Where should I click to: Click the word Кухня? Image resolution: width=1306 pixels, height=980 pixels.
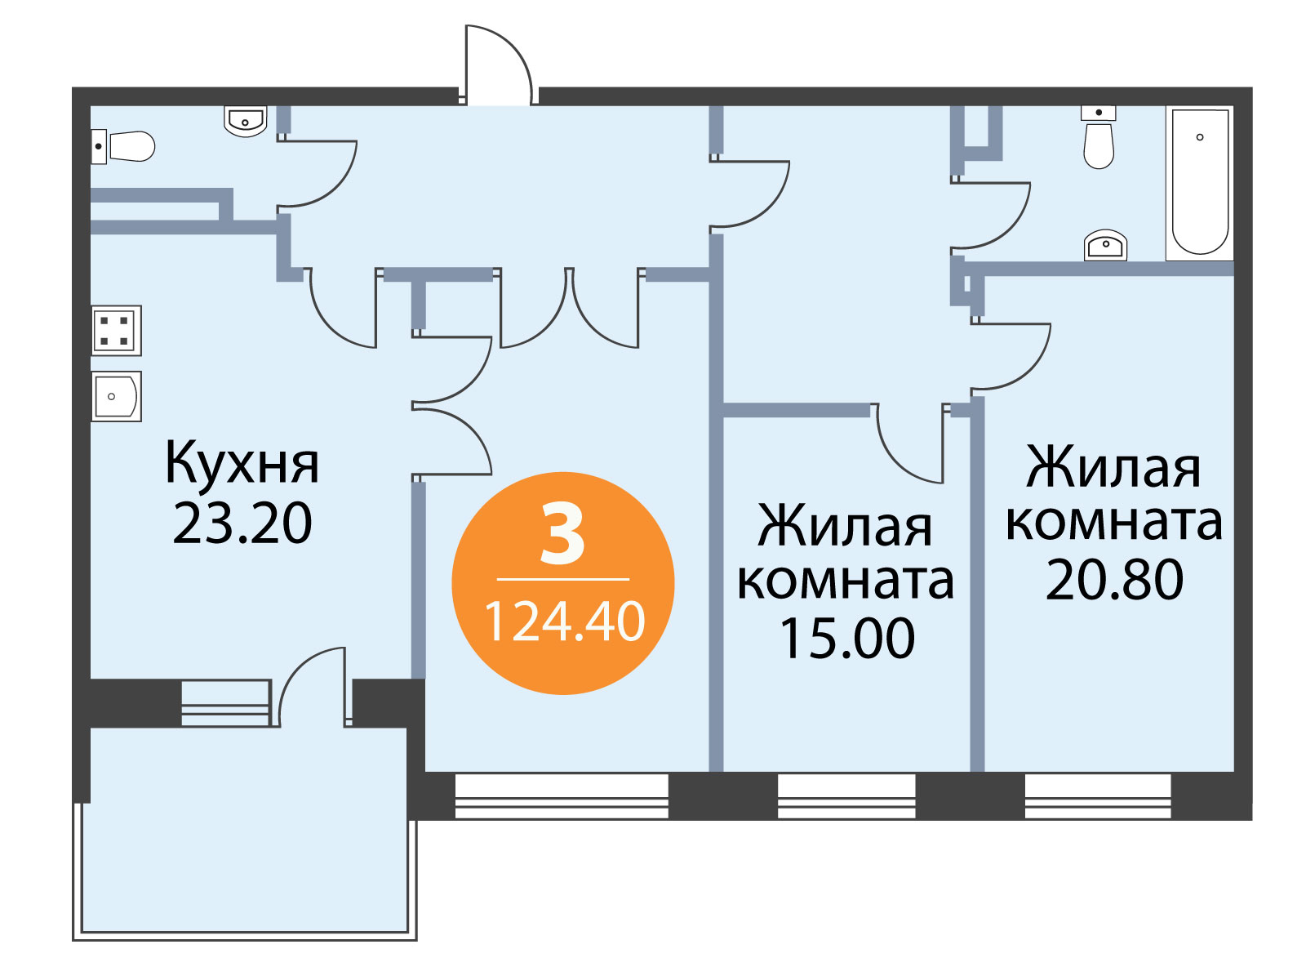click(x=242, y=462)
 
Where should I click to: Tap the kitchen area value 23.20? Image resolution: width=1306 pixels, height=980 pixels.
click(x=242, y=523)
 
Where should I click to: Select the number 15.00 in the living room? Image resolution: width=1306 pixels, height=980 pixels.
click(x=846, y=638)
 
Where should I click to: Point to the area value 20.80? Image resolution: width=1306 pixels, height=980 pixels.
click(x=1114, y=580)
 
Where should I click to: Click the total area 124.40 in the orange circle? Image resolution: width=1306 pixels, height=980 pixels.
click(x=565, y=621)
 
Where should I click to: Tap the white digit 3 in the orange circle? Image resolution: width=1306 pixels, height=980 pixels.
click(x=562, y=533)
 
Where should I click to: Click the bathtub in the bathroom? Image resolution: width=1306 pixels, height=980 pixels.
click(x=1200, y=184)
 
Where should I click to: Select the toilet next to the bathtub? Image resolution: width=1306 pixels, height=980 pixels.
click(x=1099, y=137)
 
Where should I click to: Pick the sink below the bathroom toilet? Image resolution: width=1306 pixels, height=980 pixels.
click(x=1105, y=245)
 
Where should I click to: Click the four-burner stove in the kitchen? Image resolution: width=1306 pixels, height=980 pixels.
click(x=116, y=330)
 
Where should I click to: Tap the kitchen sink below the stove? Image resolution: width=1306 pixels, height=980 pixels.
click(x=116, y=396)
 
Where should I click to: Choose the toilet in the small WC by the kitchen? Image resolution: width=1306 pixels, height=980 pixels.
click(x=122, y=146)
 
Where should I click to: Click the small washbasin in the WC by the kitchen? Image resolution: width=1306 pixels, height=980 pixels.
click(x=245, y=121)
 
